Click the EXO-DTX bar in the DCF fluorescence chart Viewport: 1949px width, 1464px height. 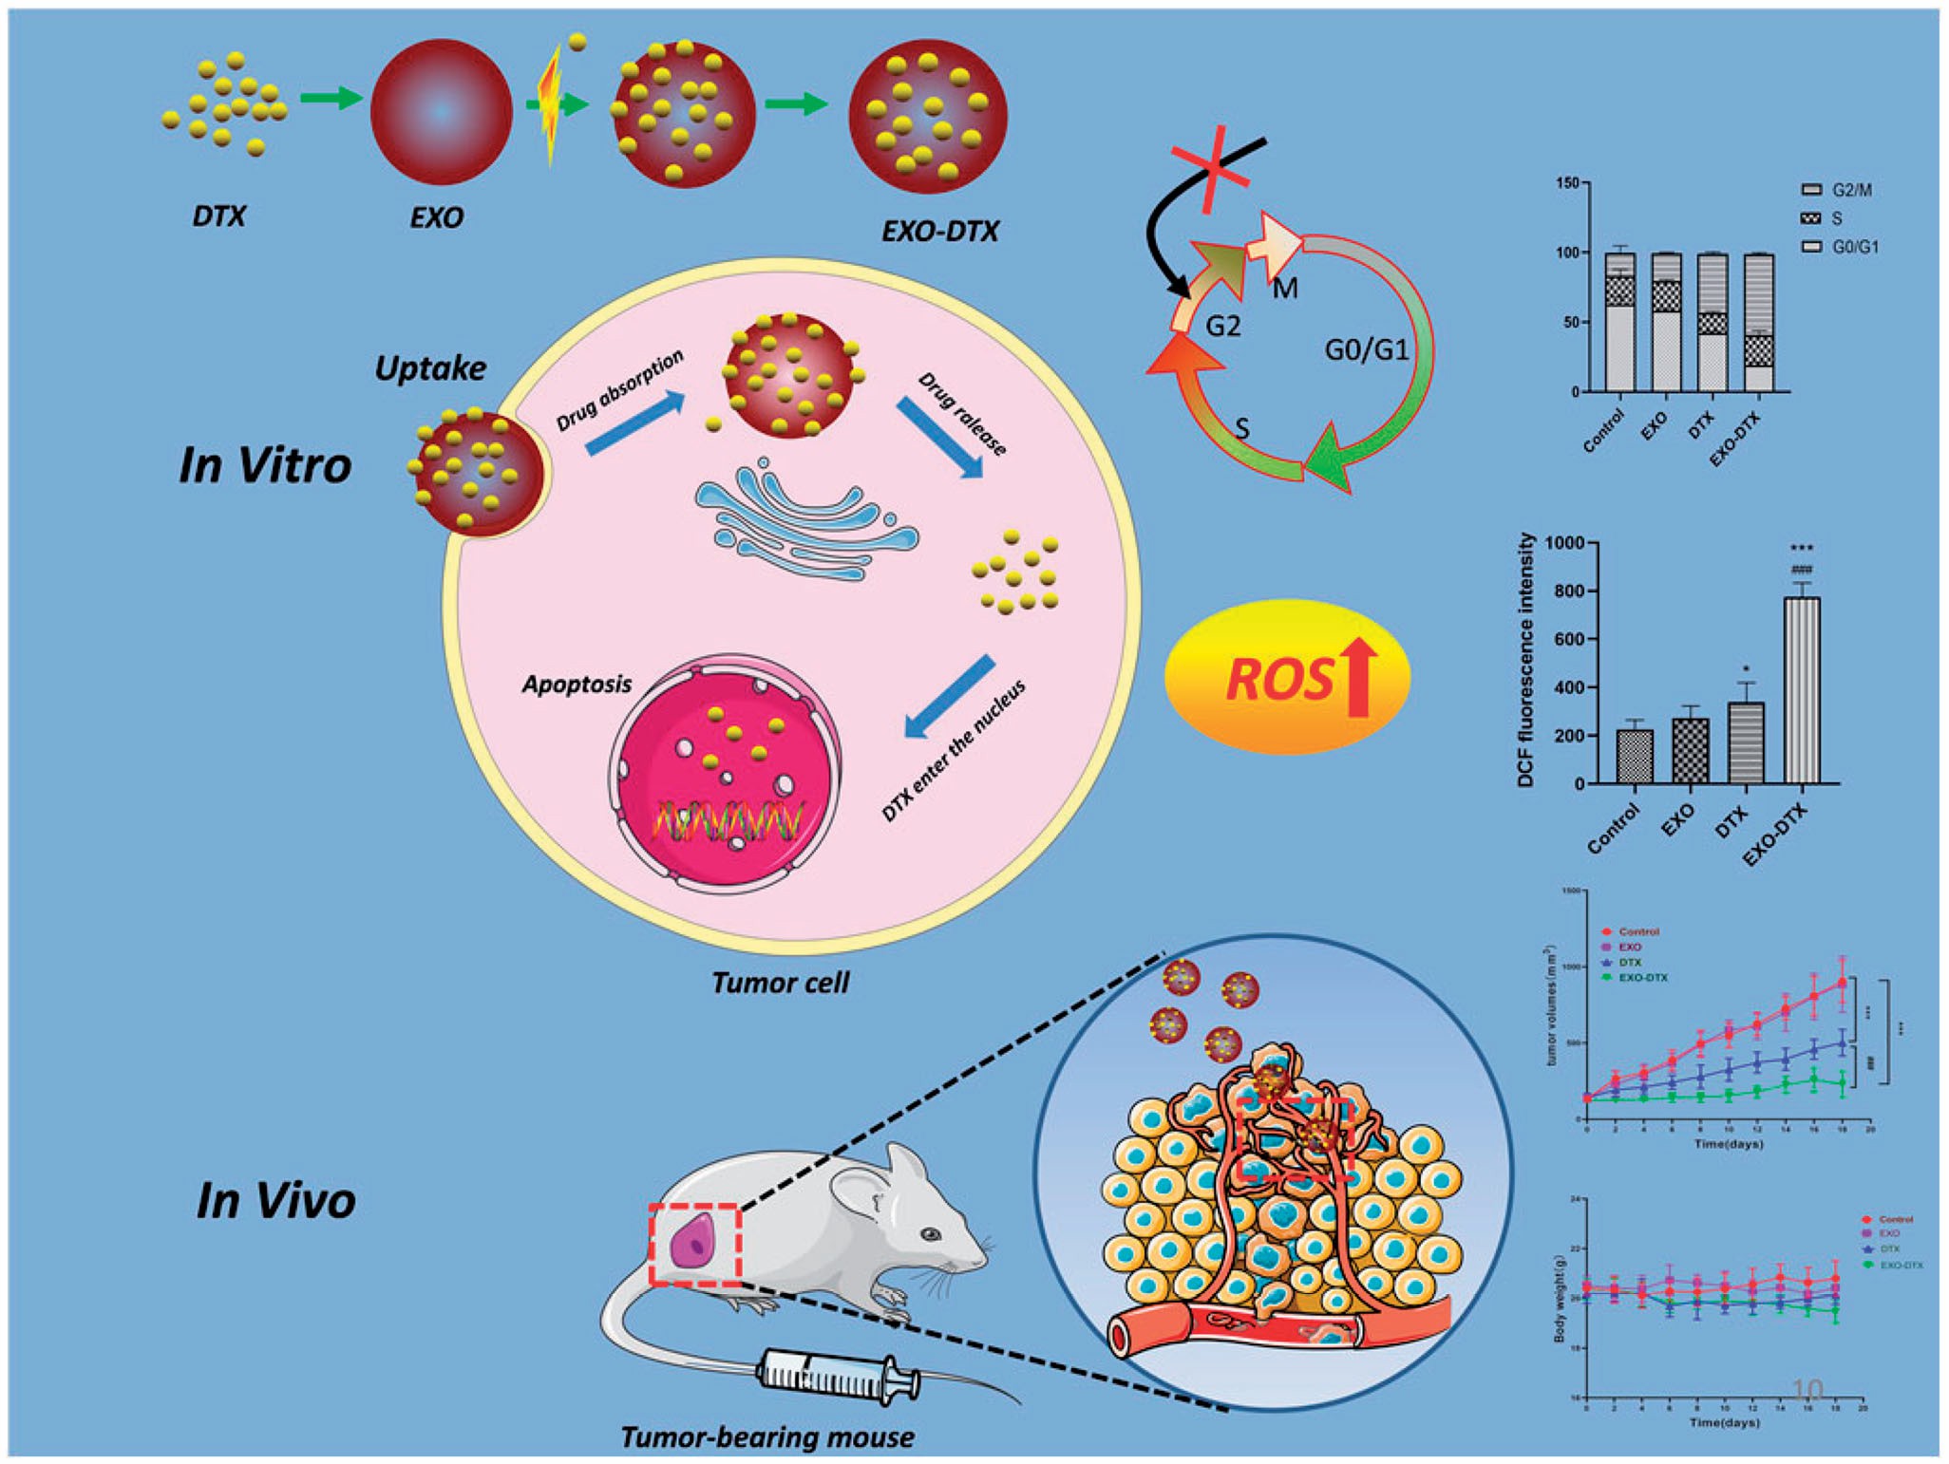1803,690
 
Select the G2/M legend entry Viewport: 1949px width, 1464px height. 1839,190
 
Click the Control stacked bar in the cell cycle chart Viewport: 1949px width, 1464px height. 1620,323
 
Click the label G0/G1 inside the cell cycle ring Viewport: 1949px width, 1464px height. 1366,350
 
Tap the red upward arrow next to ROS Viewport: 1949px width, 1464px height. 1359,677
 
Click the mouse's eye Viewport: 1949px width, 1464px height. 931,1234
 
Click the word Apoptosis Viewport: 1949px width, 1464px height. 577,685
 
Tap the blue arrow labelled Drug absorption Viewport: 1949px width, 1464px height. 634,423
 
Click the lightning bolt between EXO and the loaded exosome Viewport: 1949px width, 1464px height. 551,106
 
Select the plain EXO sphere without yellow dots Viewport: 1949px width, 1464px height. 441,112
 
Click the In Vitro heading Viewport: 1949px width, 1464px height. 265,466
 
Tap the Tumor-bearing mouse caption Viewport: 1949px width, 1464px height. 766,1436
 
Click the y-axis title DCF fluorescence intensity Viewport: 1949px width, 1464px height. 1526,661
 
